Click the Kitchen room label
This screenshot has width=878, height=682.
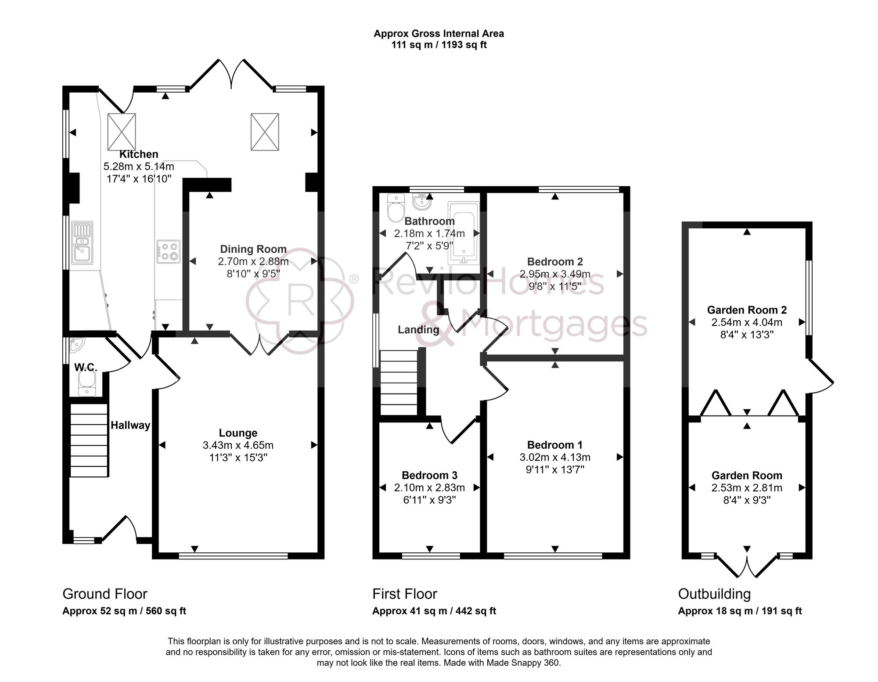pyautogui.click(x=139, y=154)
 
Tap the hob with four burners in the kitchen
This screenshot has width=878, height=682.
pyautogui.click(x=169, y=252)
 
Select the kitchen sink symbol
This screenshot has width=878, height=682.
pyautogui.click(x=83, y=243)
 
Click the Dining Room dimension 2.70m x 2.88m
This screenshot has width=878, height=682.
pyautogui.click(x=253, y=262)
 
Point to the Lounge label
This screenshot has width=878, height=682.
pyautogui.click(x=238, y=433)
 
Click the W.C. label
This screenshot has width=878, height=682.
pyautogui.click(x=86, y=367)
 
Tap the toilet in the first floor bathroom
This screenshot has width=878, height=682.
pyautogui.click(x=396, y=208)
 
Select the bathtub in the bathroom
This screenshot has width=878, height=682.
pyautogui.click(x=463, y=233)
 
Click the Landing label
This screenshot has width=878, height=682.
pyautogui.click(x=418, y=330)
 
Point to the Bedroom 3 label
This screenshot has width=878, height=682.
pyautogui.click(x=429, y=475)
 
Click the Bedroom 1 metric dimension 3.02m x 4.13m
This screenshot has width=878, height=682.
pyautogui.click(x=555, y=457)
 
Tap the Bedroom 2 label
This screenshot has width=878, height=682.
pyautogui.click(x=555, y=262)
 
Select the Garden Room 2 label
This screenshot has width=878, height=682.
pyautogui.click(x=747, y=310)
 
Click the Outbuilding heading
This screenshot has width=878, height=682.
pyautogui.click(x=714, y=594)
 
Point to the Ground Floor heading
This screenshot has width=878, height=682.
pyautogui.click(x=105, y=594)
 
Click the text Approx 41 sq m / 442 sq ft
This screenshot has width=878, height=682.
pyautogui.click(x=434, y=611)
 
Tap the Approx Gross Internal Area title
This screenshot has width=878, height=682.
pyautogui.click(x=439, y=33)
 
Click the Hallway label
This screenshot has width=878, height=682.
pyautogui.click(x=130, y=425)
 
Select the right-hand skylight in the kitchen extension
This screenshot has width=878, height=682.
pyautogui.click(x=265, y=132)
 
